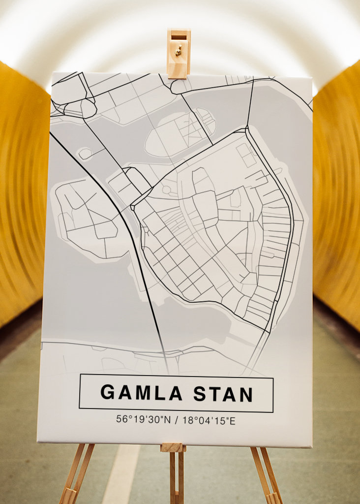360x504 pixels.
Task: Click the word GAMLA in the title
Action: (x=142, y=393)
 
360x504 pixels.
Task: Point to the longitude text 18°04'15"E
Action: (x=209, y=420)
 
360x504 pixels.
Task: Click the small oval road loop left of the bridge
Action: (x=85, y=154)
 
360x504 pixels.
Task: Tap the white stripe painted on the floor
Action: (x=121, y=475)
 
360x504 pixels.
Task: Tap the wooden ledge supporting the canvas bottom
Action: (x=173, y=447)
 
